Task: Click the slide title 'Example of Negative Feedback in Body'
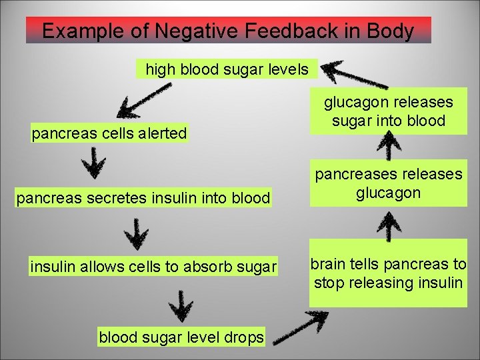click(228, 31)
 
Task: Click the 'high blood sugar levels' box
click(227, 69)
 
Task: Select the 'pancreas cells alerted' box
click(110, 133)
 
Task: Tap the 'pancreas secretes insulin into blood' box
click(144, 197)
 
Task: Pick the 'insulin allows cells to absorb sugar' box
click(153, 267)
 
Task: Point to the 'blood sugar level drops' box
click(181, 337)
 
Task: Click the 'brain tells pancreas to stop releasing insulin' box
click(389, 273)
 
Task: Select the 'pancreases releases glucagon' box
click(389, 183)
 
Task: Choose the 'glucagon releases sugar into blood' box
click(389, 111)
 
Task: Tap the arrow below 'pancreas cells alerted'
click(97, 162)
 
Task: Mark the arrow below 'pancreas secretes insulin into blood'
click(137, 234)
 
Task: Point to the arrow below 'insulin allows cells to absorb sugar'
click(181, 305)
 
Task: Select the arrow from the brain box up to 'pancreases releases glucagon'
click(389, 223)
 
